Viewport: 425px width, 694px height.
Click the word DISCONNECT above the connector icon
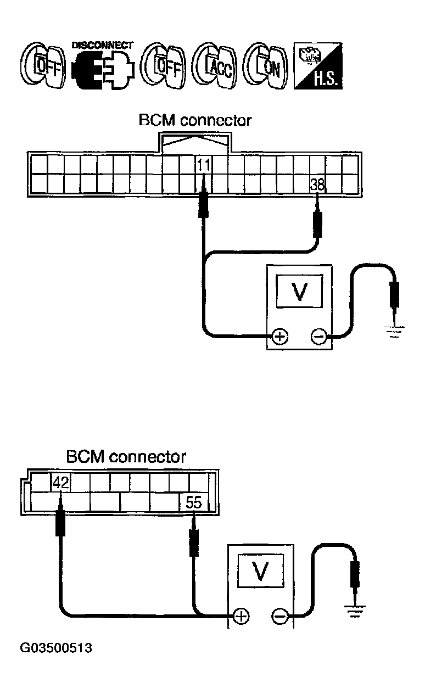pyautogui.click(x=102, y=44)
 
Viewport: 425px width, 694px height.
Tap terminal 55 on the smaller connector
pyautogui.click(x=194, y=502)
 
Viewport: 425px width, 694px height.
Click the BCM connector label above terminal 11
pyautogui.click(x=195, y=120)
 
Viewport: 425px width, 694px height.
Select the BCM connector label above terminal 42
pyautogui.click(x=126, y=457)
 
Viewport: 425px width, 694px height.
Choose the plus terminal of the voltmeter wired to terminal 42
pyautogui.click(x=240, y=616)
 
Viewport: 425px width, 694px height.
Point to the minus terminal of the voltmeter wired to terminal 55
pyautogui.click(x=279, y=616)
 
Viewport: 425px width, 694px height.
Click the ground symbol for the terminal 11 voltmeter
pyautogui.click(x=395, y=331)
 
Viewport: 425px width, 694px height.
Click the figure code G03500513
pyautogui.click(x=56, y=648)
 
